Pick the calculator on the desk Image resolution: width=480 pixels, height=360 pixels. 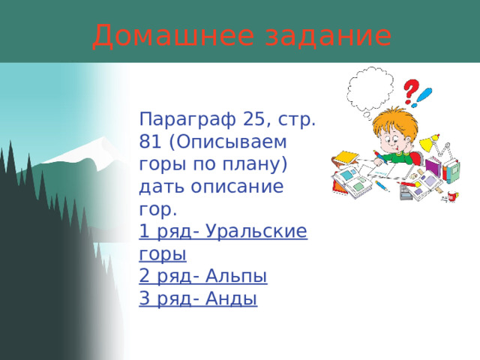pyautogui.click(x=406, y=193)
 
